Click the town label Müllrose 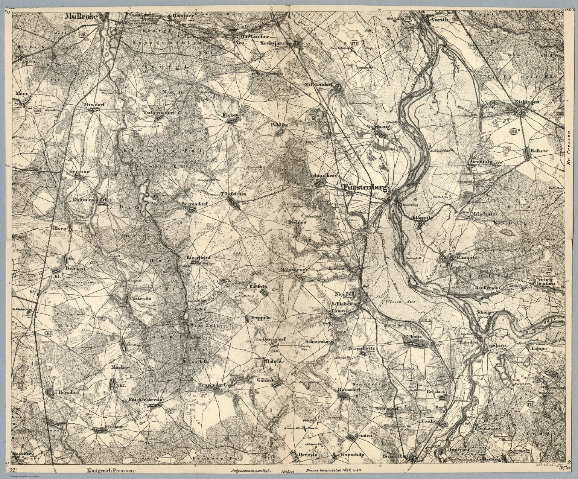coord(81,17)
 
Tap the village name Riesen coord(231,114)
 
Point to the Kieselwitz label coord(198,258)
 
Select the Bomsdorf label coord(347,389)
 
